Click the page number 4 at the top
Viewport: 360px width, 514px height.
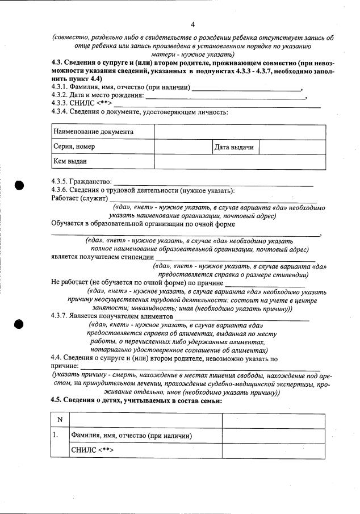(x=192, y=24)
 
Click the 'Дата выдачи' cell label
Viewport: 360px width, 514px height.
(x=233, y=148)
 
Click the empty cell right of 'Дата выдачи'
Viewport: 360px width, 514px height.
(x=292, y=148)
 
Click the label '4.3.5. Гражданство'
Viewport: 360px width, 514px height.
(x=77, y=182)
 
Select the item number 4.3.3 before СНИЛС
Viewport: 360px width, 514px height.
(x=60, y=103)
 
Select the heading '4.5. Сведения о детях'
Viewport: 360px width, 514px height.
(x=136, y=400)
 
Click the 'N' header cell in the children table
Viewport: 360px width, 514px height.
(x=60, y=420)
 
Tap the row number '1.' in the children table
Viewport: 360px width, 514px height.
(x=56, y=436)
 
